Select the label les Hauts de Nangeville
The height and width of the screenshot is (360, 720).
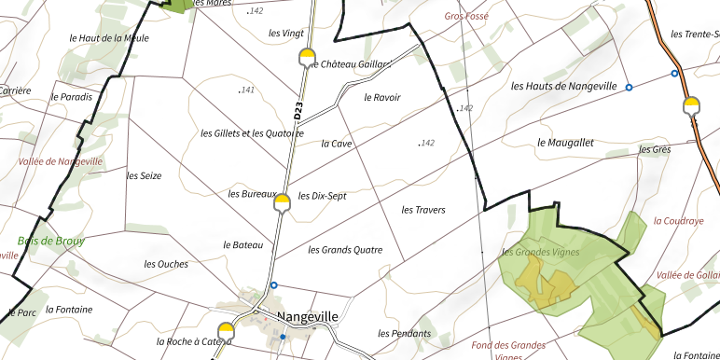coord(564,86)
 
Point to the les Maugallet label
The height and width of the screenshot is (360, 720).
coord(566,143)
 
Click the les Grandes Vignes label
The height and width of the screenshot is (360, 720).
coord(540,252)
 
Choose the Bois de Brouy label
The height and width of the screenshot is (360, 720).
coord(51,241)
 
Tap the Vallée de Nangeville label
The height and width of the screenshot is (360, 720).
coord(61,161)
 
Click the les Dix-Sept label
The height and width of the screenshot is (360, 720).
coord(322,196)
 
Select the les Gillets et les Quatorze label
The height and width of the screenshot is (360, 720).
coord(252,133)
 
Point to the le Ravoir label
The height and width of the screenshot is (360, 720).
coord(381,97)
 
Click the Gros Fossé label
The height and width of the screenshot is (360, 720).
coord(466,16)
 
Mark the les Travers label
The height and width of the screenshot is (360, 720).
coord(423,210)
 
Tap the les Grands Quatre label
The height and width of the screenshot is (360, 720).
coord(345,250)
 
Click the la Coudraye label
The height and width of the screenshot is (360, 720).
coord(678,221)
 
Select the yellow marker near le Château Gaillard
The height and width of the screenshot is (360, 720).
coord(307,58)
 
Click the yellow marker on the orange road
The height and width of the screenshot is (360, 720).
coord(691,104)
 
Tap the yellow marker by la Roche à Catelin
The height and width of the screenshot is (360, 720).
coord(226,330)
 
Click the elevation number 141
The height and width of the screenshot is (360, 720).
coord(247,90)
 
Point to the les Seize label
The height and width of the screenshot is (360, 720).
coord(145,175)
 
